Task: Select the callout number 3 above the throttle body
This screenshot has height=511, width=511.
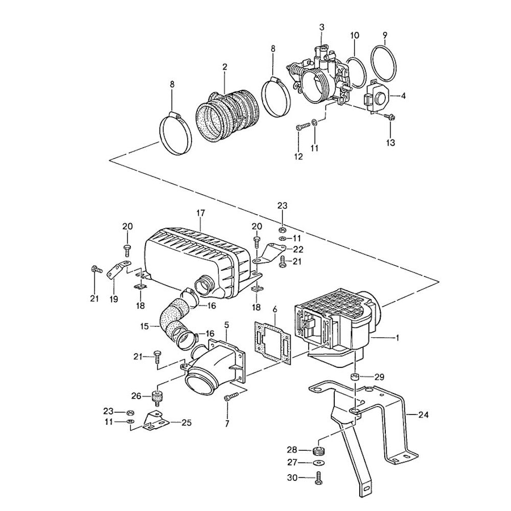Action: (x=321, y=27)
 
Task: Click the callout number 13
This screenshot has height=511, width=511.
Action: (x=390, y=143)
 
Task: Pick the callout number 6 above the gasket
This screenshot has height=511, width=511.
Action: (x=275, y=310)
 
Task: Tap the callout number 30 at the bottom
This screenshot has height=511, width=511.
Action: (x=306, y=477)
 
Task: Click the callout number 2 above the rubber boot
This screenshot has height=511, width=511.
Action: (x=224, y=66)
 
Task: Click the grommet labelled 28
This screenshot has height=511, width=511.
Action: (x=319, y=451)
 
